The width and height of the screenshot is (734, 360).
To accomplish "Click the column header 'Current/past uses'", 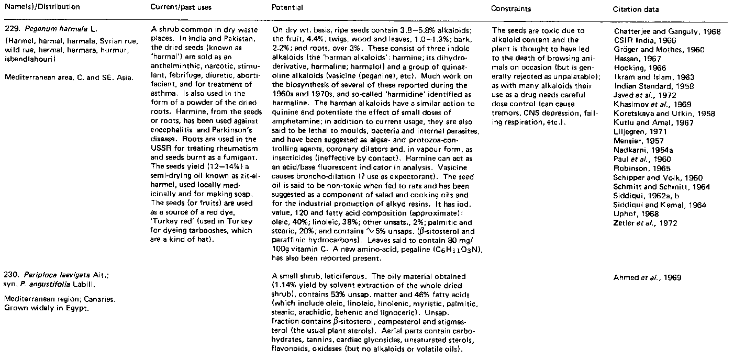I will click(x=176, y=8).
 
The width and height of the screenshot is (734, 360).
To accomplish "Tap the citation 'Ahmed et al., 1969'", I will click(x=648, y=277).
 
